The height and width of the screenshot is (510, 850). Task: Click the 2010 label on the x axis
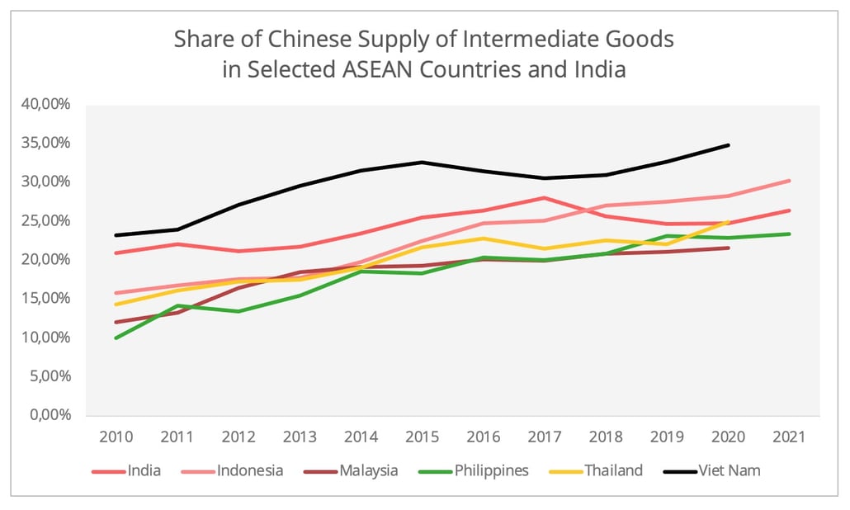(116, 435)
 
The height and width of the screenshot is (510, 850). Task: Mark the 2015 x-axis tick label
(422, 435)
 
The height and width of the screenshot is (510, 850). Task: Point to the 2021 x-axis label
(790, 435)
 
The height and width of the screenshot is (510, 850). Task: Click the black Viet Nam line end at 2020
(729, 145)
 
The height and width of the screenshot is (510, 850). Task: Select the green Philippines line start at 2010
(116, 338)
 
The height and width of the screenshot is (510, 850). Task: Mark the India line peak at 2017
(545, 198)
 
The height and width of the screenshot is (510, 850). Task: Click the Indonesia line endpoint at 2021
(790, 181)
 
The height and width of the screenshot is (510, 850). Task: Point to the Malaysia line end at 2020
(729, 248)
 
